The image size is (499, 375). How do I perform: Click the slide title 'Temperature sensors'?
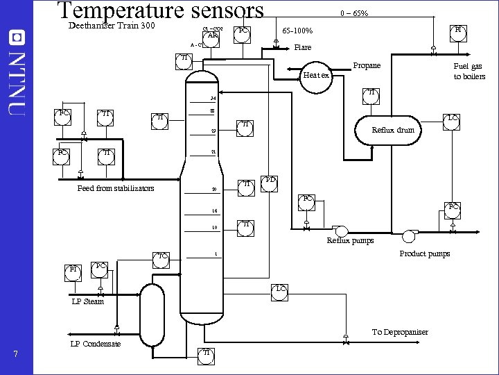[160, 11]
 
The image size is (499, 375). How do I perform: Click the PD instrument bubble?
[270, 182]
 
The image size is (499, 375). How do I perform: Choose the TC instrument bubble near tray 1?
[161, 258]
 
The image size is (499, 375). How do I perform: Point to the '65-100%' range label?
[297, 31]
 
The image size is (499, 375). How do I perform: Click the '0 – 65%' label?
[353, 13]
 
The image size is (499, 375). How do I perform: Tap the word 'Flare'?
[303, 47]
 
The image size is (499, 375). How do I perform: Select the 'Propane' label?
[367, 65]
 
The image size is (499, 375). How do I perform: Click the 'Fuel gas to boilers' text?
[469, 72]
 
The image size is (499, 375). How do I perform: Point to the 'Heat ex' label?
[317, 75]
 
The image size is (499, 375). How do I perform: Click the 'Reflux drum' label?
[393, 130]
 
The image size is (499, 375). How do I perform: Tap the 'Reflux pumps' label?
[350, 240]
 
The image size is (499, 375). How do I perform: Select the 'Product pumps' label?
[424, 253]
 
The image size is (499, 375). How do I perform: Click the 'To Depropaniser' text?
[400, 331]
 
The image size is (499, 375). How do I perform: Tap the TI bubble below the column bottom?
[206, 355]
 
